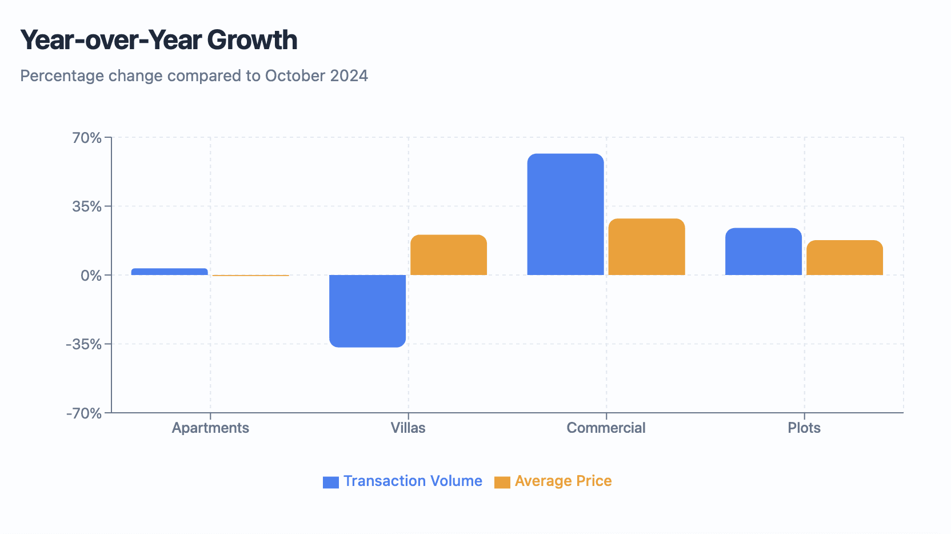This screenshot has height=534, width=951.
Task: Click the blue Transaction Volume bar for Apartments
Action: click(x=169, y=272)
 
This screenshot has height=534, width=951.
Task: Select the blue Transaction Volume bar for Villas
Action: click(x=367, y=310)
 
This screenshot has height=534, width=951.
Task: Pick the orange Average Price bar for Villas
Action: click(x=449, y=255)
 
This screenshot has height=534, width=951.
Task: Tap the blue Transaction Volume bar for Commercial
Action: click(x=565, y=214)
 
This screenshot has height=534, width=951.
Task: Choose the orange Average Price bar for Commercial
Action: click(x=646, y=247)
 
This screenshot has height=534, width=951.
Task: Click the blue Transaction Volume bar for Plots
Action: click(x=764, y=252)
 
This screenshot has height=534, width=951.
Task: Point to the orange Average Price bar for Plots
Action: click(x=845, y=258)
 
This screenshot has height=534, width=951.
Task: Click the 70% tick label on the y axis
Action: click(x=87, y=138)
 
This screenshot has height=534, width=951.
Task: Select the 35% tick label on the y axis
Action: click(x=87, y=206)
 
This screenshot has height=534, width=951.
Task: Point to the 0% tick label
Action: click(x=91, y=276)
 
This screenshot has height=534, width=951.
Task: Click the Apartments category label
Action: click(x=210, y=428)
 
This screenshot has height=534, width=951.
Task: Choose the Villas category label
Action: click(x=408, y=428)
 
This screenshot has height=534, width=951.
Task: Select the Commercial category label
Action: click(x=606, y=428)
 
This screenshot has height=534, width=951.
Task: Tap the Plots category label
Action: click(x=804, y=428)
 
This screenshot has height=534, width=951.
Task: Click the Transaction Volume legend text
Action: click(x=413, y=481)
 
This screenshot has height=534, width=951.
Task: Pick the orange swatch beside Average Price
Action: click(x=502, y=482)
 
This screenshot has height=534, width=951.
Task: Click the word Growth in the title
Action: click(x=252, y=40)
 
